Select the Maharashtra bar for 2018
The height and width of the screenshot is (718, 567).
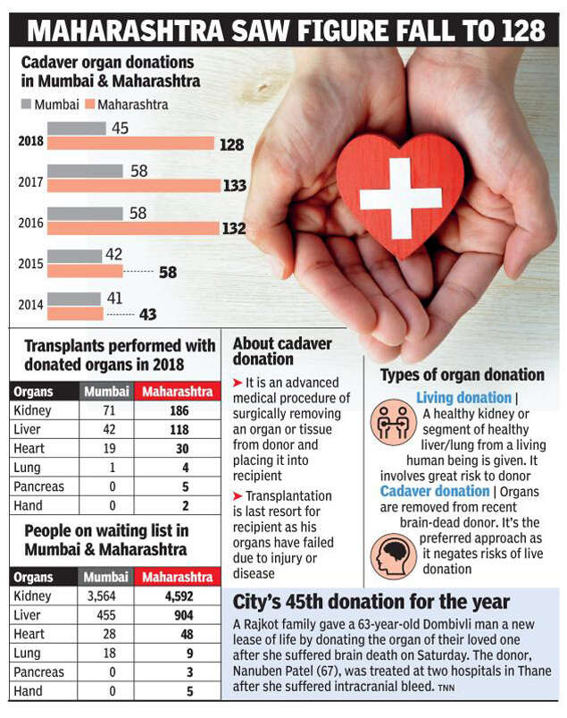[x=130, y=143]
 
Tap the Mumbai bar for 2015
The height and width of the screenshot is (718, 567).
[x=74, y=255]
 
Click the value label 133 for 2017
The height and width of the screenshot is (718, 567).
[x=234, y=185]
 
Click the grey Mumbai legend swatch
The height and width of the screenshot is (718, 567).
[x=25, y=105]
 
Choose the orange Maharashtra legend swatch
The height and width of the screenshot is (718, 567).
[x=88, y=105]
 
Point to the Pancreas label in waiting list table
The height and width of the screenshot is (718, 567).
[x=39, y=672]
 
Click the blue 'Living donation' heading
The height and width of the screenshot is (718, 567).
[x=464, y=397]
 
